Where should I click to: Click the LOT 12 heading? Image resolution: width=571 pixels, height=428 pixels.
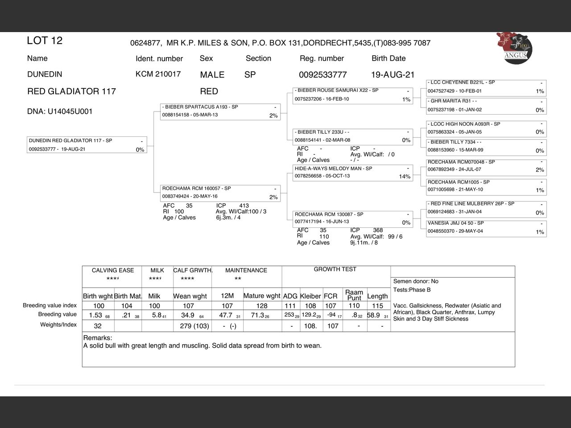click(x=45, y=41)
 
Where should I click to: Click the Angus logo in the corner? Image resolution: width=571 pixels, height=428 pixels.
click(x=515, y=48)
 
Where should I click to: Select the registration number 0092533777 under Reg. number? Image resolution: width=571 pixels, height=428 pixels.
click(x=323, y=74)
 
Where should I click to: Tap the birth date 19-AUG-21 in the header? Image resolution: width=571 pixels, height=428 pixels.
click(x=393, y=74)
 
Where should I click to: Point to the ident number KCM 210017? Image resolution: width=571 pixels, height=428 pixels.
click(x=158, y=74)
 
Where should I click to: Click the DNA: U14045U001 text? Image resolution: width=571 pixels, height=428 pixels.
click(x=60, y=111)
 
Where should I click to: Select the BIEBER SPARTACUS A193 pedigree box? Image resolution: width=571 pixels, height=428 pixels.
click(x=220, y=111)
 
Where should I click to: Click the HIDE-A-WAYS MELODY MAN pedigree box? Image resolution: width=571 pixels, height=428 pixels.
click(x=353, y=173)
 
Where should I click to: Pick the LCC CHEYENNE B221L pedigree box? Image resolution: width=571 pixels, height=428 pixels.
click(x=486, y=87)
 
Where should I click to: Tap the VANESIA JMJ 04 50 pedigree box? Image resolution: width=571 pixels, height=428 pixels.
click(x=486, y=227)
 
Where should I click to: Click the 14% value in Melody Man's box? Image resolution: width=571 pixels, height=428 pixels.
click(x=404, y=177)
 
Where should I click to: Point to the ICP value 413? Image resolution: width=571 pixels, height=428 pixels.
click(x=244, y=206)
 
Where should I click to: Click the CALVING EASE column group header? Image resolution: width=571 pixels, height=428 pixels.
click(x=112, y=271)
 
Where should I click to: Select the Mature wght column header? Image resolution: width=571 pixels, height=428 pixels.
click(x=261, y=296)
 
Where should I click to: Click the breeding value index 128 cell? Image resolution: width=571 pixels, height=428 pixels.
click(x=262, y=306)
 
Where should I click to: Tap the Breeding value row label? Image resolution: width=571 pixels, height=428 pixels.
click(x=57, y=314)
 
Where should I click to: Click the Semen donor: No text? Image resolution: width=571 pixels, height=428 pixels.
click(x=416, y=281)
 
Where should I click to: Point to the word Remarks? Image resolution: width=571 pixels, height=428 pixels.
click(x=98, y=338)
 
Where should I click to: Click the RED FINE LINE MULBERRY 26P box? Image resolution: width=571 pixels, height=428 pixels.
click(x=486, y=208)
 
